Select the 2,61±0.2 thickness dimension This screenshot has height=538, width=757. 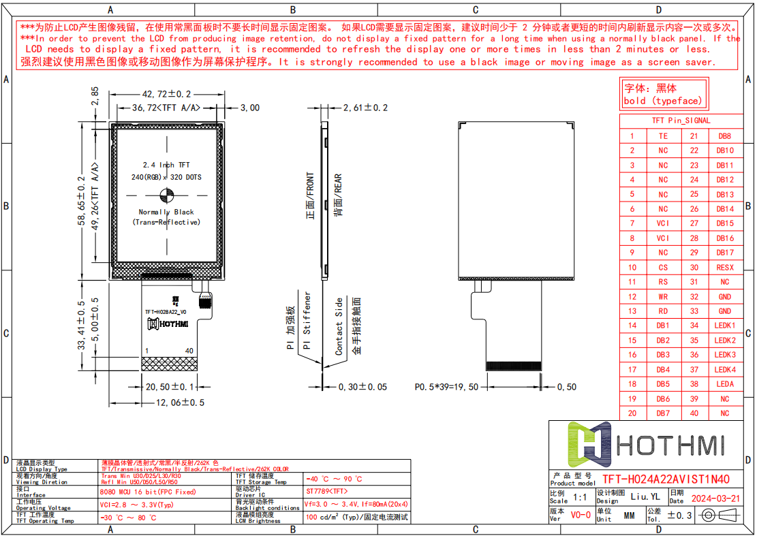click(365, 108)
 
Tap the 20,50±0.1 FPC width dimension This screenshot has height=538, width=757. click(170, 387)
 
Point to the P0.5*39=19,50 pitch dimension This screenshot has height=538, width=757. click(446, 387)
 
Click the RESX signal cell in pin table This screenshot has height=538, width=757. click(725, 268)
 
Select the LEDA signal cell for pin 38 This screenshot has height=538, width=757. click(725, 384)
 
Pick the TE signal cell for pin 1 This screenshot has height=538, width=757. click(663, 136)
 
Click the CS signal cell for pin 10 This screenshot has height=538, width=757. click(663, 268)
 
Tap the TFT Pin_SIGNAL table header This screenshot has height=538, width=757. click(681, 121)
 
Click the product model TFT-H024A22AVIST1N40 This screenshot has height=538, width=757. click(665, 479)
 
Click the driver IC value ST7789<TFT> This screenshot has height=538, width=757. click(327, 491)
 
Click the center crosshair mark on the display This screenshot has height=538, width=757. click(166, 197)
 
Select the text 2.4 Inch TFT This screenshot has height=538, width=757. click(166, 165)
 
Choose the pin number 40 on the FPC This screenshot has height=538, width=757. click(189, 351)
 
